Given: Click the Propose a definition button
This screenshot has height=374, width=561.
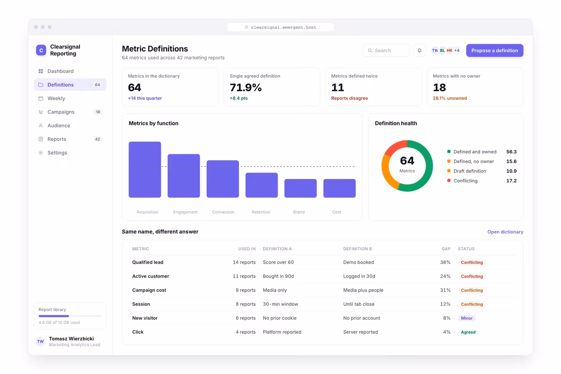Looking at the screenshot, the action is pos(495,50).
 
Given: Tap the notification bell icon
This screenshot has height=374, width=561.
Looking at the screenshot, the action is pos(419,50).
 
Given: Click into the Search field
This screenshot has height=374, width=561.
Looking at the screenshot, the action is pos(386,50).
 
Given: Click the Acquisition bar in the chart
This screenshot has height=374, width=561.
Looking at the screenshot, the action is pos(145,170).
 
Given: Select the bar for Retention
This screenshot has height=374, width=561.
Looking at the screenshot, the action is pos(261,185).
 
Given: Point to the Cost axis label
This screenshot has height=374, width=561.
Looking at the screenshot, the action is pos(337,212).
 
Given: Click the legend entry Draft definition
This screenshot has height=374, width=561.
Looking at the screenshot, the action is pos(469,171).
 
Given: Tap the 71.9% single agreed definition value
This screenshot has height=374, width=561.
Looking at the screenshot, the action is pos(245,87).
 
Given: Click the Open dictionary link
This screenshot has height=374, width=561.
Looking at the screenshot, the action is pos(505,232).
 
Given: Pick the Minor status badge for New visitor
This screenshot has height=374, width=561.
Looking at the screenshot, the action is pos(467,318).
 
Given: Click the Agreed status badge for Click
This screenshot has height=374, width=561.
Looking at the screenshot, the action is pos(468,332).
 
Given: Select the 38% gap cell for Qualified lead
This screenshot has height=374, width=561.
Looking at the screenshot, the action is pos(445,262).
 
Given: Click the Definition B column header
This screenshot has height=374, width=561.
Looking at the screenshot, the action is pos(357,249).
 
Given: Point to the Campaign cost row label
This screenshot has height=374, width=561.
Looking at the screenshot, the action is pos(149,290).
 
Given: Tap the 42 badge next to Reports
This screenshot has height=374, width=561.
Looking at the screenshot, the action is pos(97,139).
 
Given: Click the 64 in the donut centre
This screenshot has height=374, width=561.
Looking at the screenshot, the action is pos(407,160).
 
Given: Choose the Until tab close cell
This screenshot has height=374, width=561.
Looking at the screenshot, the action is pos(359,304).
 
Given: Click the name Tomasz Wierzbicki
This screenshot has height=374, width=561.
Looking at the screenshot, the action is pos(72,338).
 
